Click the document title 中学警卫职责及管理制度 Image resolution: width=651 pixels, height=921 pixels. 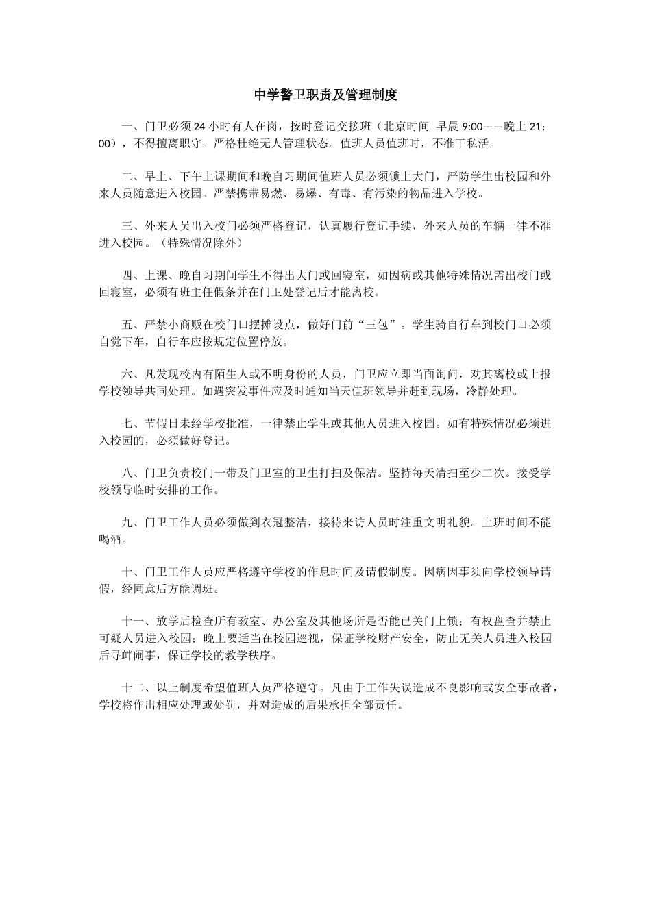pyautogui.click(x=325, y=95)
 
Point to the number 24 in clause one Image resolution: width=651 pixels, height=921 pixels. pyautogui.click(x=200, y=127)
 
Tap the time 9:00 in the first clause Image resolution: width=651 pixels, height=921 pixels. pyautogui.click(x=473, y=127)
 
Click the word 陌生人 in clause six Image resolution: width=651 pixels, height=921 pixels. pyautogui.click(x=238, y=375)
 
